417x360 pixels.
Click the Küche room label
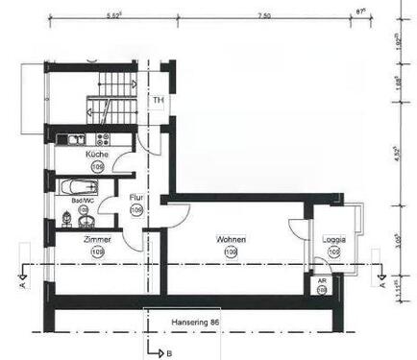point(97,154)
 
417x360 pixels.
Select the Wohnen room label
point(231,239)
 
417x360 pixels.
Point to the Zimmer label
point(97,239)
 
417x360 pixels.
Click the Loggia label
point(333,239)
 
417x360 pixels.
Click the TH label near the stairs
point(158,99)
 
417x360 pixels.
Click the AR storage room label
point(321,278)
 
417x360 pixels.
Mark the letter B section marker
point(169,352)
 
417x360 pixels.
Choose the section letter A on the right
point(382,284)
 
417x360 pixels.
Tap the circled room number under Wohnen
point(231,252)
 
